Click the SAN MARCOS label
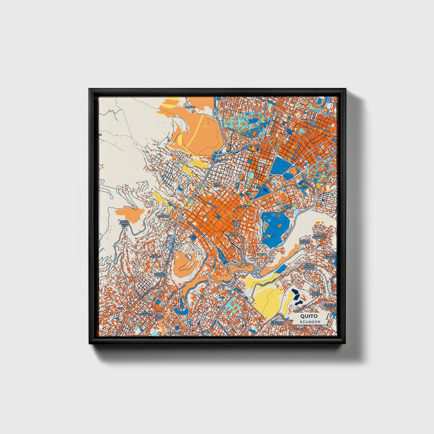(233, 235)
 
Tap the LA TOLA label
(262, 254)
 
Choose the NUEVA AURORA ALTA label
(124, 224)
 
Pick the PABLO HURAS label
(159, 317)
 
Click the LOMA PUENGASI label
(317, 293)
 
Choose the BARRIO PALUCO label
(305, 242)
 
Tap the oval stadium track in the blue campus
(254, 132)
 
